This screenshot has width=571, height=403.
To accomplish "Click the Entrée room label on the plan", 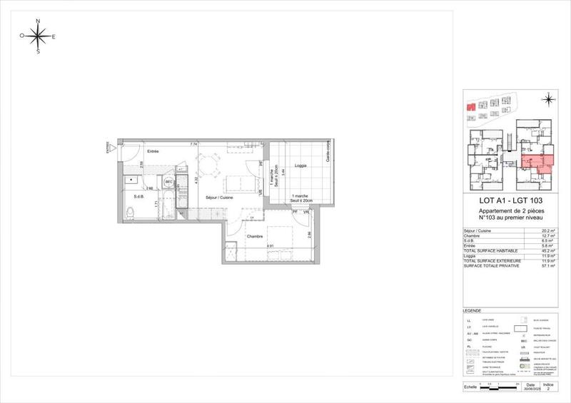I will tap(153, 151).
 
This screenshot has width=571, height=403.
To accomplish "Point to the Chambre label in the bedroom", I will tap(256, 237).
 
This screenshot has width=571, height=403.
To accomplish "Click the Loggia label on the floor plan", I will tap(300, 165).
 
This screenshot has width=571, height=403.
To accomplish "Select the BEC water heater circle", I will tap(169, 183).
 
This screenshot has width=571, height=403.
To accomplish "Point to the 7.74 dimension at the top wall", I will tap(193, 144).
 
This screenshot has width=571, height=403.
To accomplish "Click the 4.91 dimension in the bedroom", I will tap(271, 246).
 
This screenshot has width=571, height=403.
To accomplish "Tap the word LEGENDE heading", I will tap(473, 312).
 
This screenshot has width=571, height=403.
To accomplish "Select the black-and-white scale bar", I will tap(500, 387).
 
